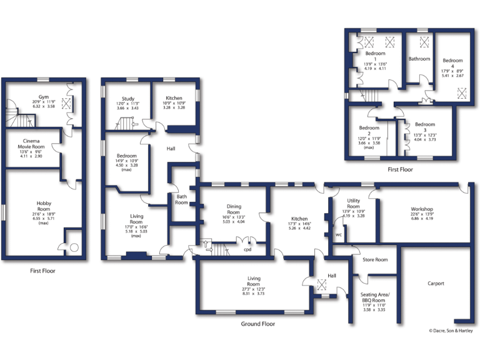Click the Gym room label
click(x=43, y=97)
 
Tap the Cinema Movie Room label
click(x=31, y=145)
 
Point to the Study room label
click(x=127, y=99)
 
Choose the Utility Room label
click(x=353, y=204)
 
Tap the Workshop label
click(x=422, y=209)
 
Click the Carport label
click(x=436, y=283)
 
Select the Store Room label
click(x=375, y=259)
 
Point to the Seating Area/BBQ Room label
click(x=375, y=297)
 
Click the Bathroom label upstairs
click(x=419, y=59)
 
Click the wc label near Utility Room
click(x=338, y=235)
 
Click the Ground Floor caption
click(x=258, y=324)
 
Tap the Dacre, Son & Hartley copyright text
click(x=451, y=331)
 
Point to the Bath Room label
click(x=181, y=199)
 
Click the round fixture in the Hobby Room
click(x=74, y=247)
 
